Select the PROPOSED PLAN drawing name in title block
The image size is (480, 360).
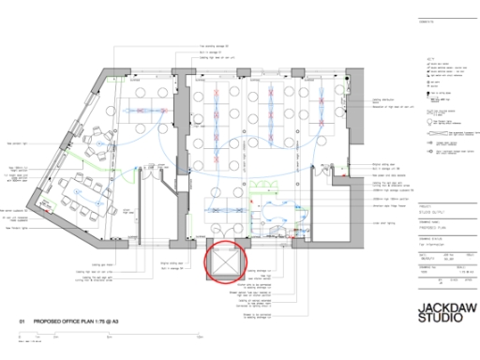(434, 226)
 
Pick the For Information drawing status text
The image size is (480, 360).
(434, 241)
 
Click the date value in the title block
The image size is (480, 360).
(424, 258)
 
